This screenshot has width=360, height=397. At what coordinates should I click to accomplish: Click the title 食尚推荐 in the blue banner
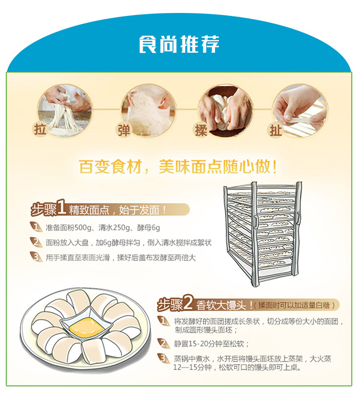(x=179, y=44)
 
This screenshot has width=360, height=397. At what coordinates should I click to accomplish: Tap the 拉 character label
(x=40, y=130)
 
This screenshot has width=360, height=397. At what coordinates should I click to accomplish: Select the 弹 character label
(x=124, y=130)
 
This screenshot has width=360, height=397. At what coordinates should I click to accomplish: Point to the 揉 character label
(x=201, y=130)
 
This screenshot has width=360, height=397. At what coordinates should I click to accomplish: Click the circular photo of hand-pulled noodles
(x=65, y=111)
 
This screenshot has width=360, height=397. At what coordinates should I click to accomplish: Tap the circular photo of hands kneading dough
(x=225, y=111)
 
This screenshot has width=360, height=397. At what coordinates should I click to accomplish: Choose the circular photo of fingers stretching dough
(x=300, y=111)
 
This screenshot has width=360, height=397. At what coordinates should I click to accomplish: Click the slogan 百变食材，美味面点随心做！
(x=178, y=167)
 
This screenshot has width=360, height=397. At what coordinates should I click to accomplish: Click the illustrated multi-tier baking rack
(x=263, y=233)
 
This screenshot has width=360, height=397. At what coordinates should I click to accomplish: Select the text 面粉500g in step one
(x=75, y=228)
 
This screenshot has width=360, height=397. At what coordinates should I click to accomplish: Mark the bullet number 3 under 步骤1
(x=36, y=257)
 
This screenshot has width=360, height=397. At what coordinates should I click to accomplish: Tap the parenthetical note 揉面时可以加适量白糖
(x=294, y=305)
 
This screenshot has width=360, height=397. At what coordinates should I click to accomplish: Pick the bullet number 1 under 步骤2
(x=163, y=321)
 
